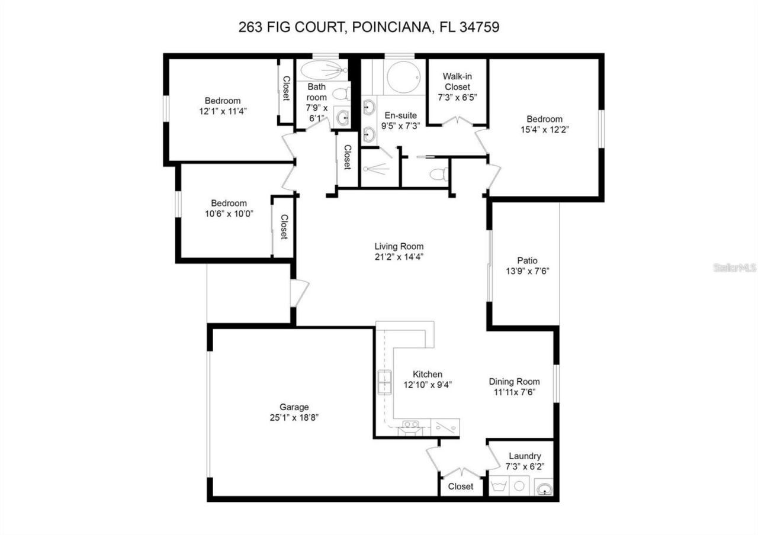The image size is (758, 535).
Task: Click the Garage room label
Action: point(294,407)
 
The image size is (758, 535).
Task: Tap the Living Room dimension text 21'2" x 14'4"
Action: point(399,257)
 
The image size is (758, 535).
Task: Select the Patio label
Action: point(526,260)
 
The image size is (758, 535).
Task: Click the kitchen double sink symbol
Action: point(385,382)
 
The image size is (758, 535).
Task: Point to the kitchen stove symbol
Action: point(410,425)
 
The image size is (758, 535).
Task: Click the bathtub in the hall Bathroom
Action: point(323,70)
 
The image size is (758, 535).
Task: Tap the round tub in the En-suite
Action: point(403,77)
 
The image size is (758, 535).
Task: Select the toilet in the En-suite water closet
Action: point(439,174)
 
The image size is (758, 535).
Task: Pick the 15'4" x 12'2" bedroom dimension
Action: point(544,128)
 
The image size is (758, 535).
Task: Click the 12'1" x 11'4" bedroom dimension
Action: point(223,111)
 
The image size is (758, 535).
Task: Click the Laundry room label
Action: point(525,456)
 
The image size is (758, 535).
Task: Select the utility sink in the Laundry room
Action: point(544,489)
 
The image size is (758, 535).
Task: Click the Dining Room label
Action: point(514,381)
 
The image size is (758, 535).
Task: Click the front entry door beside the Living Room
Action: point(299,293)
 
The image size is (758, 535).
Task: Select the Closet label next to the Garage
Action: point(460,486)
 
